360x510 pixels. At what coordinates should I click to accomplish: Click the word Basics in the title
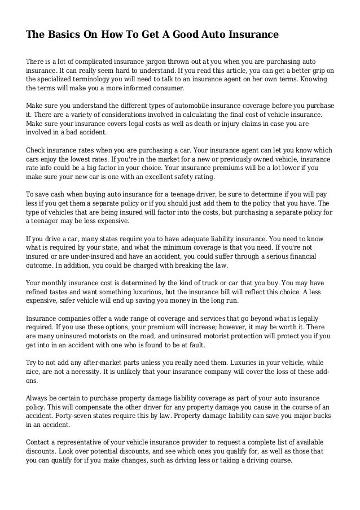tap(64, 36)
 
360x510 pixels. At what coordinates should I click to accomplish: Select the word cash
tap(57, 194)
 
